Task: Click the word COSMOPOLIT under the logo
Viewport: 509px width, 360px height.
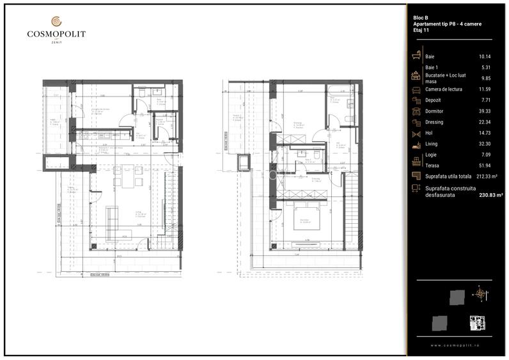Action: [56, 35]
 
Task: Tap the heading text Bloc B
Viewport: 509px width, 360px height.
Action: [421, 17]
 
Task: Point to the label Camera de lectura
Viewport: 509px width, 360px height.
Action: [446, 89]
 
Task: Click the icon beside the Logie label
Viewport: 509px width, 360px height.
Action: [416, 155]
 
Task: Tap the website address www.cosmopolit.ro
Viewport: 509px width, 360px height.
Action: [455, 345]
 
